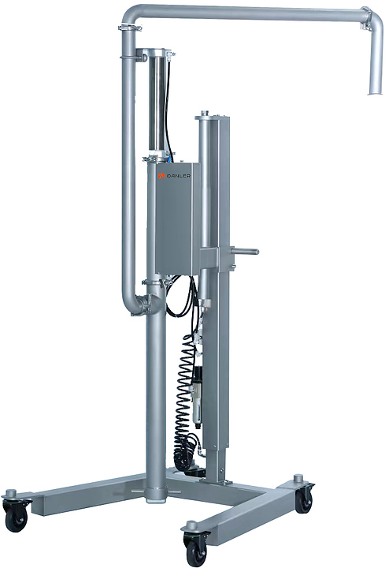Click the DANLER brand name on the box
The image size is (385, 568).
(179, 168)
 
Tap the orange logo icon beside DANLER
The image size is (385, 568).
(161, 168)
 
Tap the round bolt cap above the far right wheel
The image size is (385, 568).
(298, 478)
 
